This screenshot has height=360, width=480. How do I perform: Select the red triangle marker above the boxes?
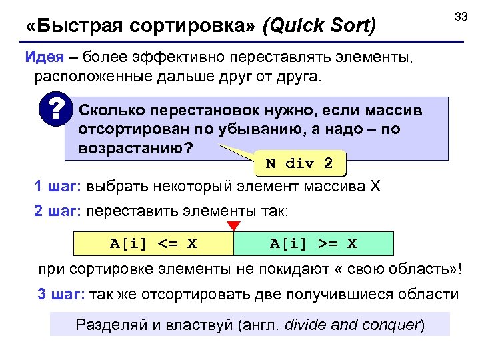[233, 225]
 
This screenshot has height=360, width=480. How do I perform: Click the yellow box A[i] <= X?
[153, 244]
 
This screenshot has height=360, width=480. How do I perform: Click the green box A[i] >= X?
[313, 244]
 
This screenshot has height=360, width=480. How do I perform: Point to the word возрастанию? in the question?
[136, 147]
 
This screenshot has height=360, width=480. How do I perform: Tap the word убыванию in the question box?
[264, 129]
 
